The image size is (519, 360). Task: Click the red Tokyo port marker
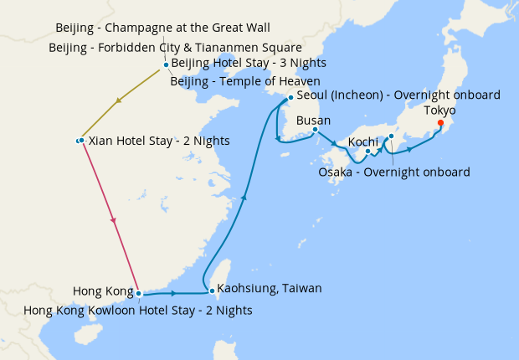(x=440, y=124)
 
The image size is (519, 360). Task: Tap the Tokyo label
(x=439, y=111)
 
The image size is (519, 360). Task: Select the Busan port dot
(x=315, y=129)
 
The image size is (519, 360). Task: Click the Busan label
(x=314, y=121)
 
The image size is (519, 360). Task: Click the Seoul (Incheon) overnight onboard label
(x=398, y=95)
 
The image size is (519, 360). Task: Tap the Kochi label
(x=363, y=141)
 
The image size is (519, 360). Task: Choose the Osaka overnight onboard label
(x=394, y=172)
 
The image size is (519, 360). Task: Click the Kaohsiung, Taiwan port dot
(x=213, y=291)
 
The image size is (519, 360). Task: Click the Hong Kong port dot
(x=138, y=294)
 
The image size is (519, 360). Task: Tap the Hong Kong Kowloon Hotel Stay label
(x=137, y=310)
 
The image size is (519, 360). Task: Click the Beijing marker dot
(x=166, y=64)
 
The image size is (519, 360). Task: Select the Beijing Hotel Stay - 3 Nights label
(x=248, y=64)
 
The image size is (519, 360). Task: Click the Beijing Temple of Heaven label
(x=244, y=81)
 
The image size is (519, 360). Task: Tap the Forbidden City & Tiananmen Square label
(x=175, y=47)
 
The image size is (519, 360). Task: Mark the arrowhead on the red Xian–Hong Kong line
(x=113, y=220)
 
